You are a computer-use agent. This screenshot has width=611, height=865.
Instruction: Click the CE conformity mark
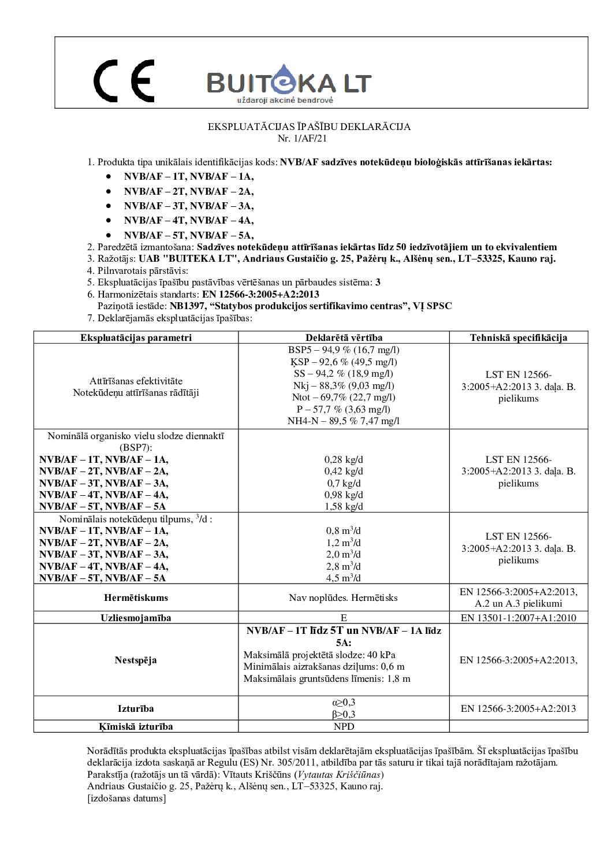click(x=124, y=80)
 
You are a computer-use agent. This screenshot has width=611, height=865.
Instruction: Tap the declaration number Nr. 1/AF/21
click(x=302, y=138)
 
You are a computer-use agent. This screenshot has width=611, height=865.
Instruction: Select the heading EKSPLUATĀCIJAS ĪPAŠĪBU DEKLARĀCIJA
click(x=309, y=127)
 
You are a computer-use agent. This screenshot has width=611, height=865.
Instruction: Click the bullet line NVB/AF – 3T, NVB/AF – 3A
click(x=188, y=206)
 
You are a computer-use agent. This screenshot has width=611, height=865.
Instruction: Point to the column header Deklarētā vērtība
click(x=344, y=337)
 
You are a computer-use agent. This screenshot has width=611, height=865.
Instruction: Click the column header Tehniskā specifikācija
click(x=518, y=337)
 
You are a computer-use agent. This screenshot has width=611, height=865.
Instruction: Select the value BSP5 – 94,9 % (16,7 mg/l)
click(x=344, y=350)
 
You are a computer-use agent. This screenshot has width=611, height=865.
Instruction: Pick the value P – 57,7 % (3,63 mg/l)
click(x=344, y=409)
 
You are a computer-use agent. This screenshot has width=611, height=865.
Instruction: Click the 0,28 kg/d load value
click(x=344, y=460)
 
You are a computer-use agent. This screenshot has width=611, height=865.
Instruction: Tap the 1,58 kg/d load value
click(x=344, y=507)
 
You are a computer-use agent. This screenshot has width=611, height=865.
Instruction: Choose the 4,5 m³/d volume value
click(x=344, y=578)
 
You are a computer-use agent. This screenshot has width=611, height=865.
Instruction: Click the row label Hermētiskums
click(x=136, y=597)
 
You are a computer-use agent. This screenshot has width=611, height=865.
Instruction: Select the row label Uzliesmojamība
click(x=136, y=618)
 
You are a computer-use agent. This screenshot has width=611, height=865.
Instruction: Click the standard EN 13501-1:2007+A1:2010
click(x=518, y=618)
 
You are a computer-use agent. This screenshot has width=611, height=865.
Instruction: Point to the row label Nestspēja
click(x=136, y=660)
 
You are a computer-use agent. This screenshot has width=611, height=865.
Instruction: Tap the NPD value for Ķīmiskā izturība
click(x=344, y=726)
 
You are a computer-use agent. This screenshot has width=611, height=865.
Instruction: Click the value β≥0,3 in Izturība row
click(x=344, y=714)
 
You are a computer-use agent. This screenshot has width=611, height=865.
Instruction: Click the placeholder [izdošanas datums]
click(x=126, y=799)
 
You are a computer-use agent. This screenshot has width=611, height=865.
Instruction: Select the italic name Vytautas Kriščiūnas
click(x=339, y=774)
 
